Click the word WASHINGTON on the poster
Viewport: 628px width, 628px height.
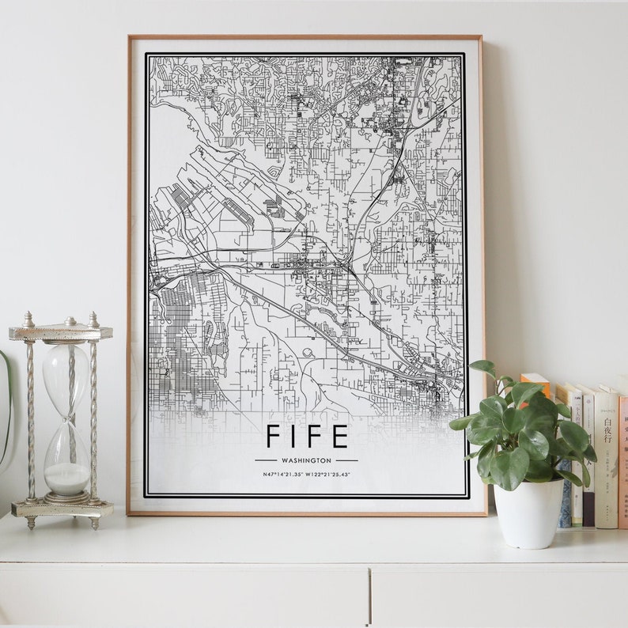[x=306, y=460]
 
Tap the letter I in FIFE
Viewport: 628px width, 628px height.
[x=297, y=437]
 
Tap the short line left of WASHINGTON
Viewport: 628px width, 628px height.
[x=265, y=460]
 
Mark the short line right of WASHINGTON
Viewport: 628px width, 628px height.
[x=346, y=460]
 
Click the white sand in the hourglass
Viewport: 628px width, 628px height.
[x=67, y=478]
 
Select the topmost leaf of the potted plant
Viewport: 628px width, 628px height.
[x=483, y=367]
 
